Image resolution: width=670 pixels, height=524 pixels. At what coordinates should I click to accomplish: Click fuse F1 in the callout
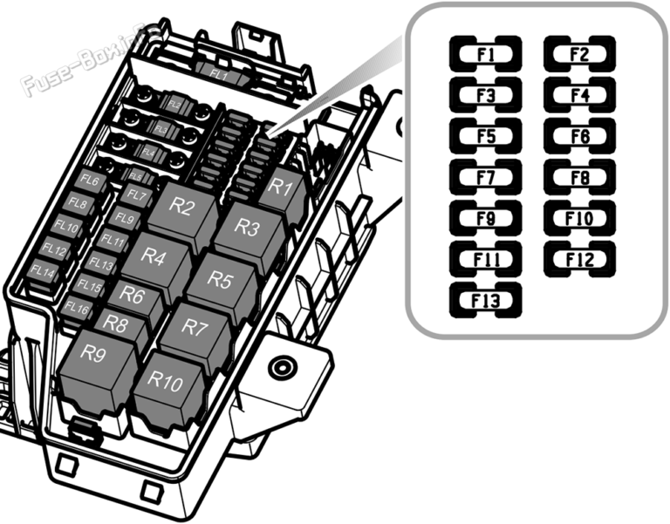click(x=486, y=54)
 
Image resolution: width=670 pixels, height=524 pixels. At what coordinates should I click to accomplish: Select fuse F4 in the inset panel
click(x=579, y=94)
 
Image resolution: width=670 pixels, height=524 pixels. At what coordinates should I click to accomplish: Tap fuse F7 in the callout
click(x=486, y=176)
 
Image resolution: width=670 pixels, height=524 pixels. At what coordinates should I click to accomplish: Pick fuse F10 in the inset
click(x=579, y=217)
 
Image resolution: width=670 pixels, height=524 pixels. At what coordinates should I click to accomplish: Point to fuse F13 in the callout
click(x=486, y=299)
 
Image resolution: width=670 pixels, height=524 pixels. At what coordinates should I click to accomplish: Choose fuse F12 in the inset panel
click(x=579, y=258)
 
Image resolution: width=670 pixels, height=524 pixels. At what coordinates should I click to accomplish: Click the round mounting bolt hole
click(x=281, y=367)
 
